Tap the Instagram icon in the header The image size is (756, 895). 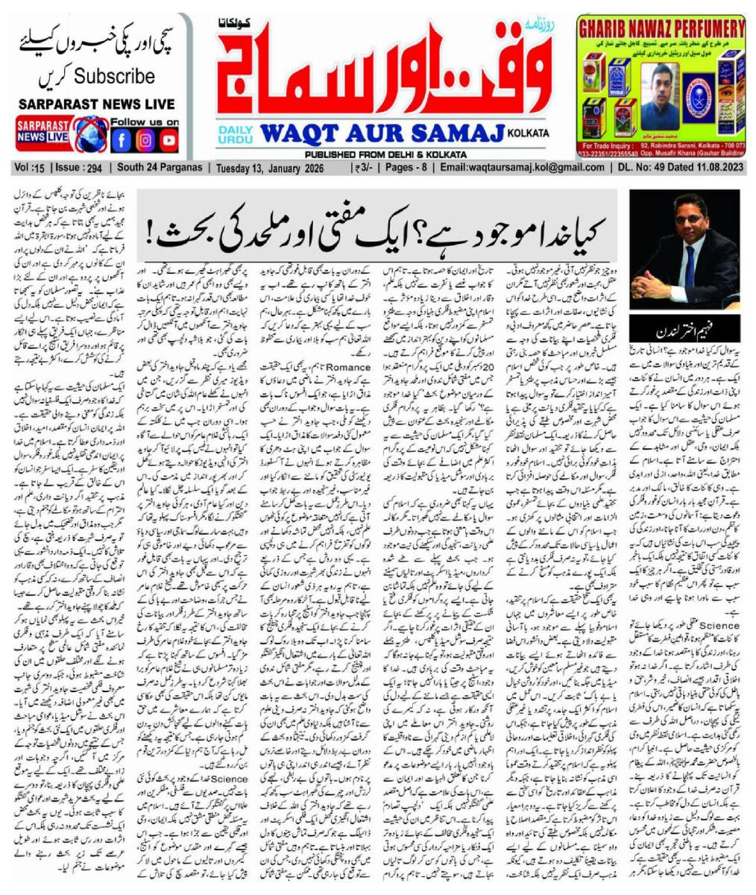(x=146, y=139)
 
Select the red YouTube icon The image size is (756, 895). (x=169, y=139)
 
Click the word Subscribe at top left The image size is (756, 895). (x=114, y=76)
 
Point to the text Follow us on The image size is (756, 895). (x=145, y=122)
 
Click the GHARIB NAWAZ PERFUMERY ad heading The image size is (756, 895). (x=661, y=30)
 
